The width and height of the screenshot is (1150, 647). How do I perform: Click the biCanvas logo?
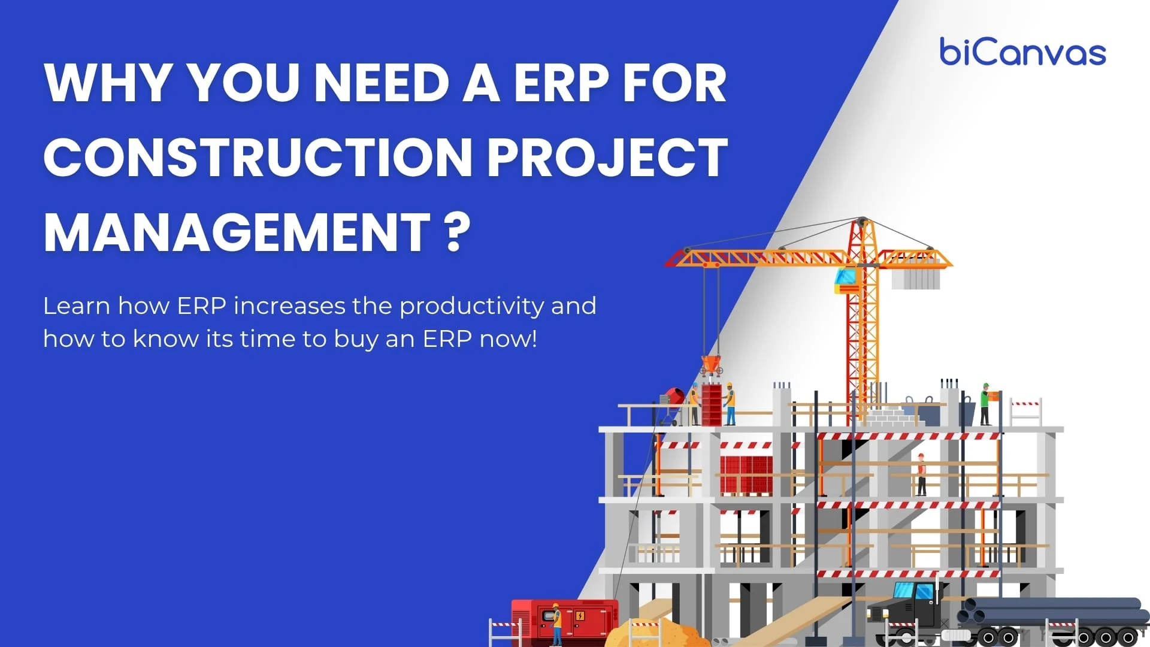click(1022, 52)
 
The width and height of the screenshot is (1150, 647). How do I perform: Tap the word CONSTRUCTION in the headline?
click(258, 158)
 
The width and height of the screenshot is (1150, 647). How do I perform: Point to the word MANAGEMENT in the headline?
click(237, 232)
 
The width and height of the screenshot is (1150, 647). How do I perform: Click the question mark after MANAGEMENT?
click(458, 232)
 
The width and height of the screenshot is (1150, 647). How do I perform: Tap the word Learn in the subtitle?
click(77, 306)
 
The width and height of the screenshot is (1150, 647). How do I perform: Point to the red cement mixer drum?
click(675, 396)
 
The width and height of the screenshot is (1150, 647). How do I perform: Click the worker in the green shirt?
click(985, 404)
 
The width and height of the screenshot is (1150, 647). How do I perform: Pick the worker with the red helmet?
click(921, 473)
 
